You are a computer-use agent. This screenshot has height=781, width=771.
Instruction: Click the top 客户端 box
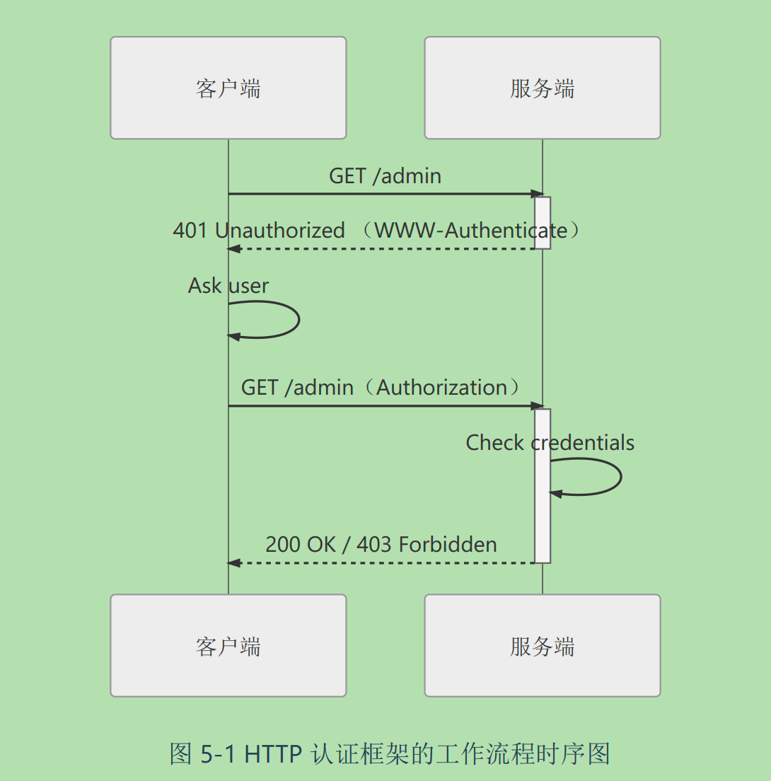(x=228, y=88)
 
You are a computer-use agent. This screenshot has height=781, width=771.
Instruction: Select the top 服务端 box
(x=542, y=88)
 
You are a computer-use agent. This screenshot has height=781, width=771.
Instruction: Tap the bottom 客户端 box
(x=228, y=646)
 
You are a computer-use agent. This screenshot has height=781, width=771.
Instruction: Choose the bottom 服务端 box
(x=542, y=646)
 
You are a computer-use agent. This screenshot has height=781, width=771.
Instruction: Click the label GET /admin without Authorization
(x=385, y=176)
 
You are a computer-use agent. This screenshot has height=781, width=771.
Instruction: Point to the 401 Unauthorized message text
(x=259, y=231)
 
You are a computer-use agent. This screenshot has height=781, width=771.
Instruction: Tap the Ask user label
(x=228, y=286)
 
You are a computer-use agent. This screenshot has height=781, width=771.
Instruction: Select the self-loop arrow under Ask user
(x=297, y=320)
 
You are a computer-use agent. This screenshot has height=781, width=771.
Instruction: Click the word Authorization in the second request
(x=442, y=388)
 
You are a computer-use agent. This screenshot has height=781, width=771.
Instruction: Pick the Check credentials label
(x=550, y=443)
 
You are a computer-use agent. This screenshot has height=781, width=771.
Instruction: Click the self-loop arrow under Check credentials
(x=619, y=477)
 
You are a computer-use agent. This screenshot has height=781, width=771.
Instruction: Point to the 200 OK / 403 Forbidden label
(x=381, y=545)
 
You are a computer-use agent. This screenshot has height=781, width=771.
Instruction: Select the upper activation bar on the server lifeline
(x=543, y=223)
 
